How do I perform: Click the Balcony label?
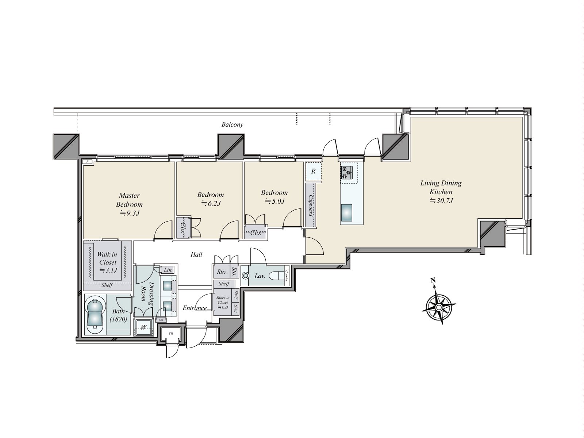[x=232, y=124]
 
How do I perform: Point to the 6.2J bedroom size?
[x=211, y=203]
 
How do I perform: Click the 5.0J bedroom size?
[x=274, y=201]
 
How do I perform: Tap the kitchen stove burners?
[x=347, y=172]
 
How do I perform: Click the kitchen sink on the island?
[x=347, y=213]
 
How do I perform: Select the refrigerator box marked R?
[x=314, y=171]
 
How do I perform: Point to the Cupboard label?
[x=311, y=205]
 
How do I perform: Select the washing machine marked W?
[x=144, y=327]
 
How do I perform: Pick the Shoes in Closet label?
[x=222, y=303]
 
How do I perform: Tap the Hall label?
[x=196, y=254]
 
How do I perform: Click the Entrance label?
[x=194, y=308]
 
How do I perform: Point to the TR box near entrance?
[x=170, y=334]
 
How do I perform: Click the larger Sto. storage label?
[x=222, y=272]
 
